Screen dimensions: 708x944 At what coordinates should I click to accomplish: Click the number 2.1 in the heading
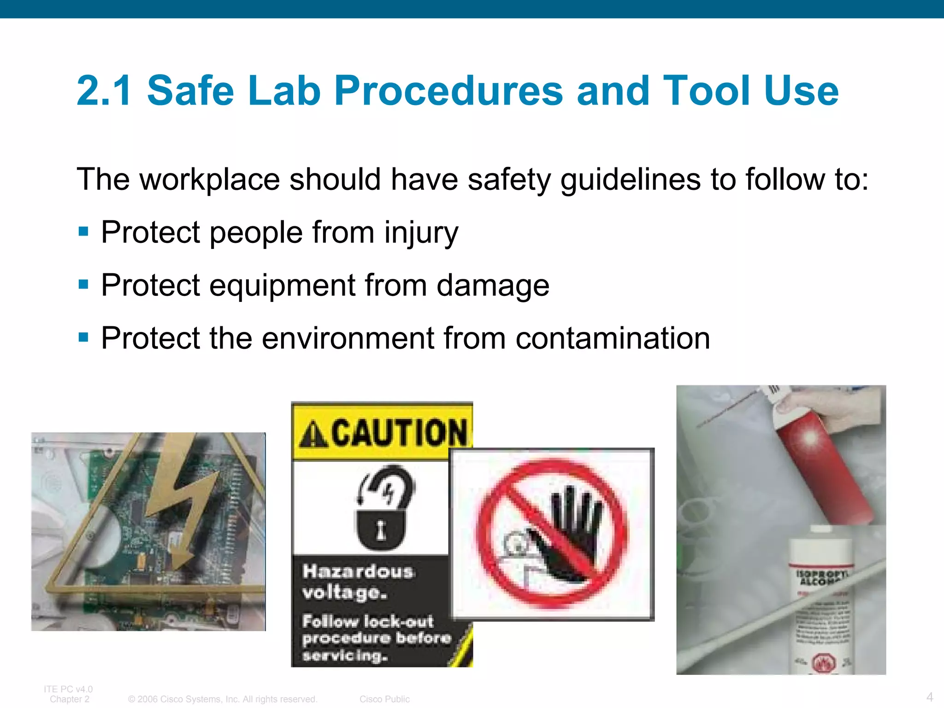[104, 91]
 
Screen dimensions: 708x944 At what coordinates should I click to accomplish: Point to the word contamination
[613, 338]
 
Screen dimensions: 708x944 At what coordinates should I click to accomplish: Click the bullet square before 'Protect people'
[83, 231]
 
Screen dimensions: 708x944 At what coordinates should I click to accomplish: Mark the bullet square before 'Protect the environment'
[83, 337]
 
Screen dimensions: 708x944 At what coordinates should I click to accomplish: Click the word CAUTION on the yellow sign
[399, 433]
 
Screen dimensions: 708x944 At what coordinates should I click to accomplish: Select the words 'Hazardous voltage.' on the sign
[357, 582]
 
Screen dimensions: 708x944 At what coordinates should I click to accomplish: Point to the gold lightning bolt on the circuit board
[184, 498]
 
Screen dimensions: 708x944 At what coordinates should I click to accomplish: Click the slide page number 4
[929, 696]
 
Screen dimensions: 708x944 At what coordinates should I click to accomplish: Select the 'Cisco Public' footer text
[384, 699]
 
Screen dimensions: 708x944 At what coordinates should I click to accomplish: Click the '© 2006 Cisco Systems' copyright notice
[223, 699]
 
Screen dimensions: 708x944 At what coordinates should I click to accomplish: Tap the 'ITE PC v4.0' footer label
[68, 689]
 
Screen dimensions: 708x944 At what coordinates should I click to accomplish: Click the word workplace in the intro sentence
[210, 179]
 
